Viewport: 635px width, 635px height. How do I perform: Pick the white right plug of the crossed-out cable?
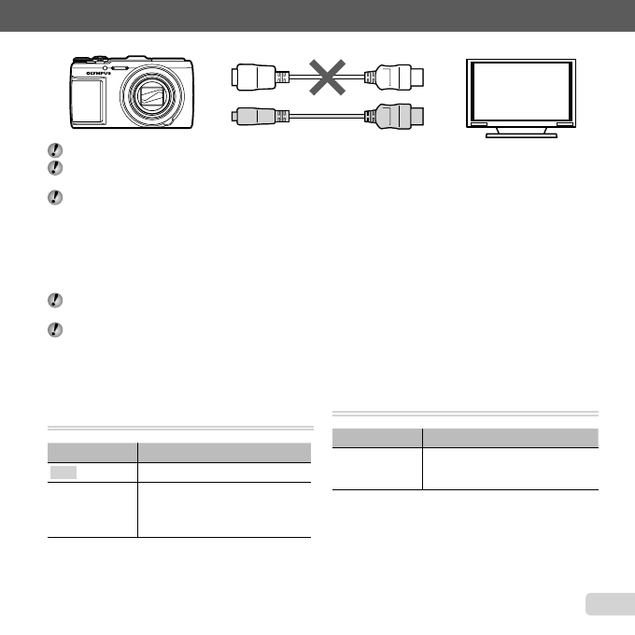[x=399, y=78]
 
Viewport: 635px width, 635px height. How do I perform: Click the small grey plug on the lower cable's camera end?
[x=254, y=117]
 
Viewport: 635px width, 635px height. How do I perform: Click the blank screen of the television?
[x=521, y=90]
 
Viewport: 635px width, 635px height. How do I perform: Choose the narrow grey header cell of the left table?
[x=91, y=449]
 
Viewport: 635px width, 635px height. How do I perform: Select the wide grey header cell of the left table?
[x=224, y=449]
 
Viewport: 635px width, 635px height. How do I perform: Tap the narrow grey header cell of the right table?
[x=376, y=435]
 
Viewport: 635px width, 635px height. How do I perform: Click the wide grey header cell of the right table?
[x=511, y=435]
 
